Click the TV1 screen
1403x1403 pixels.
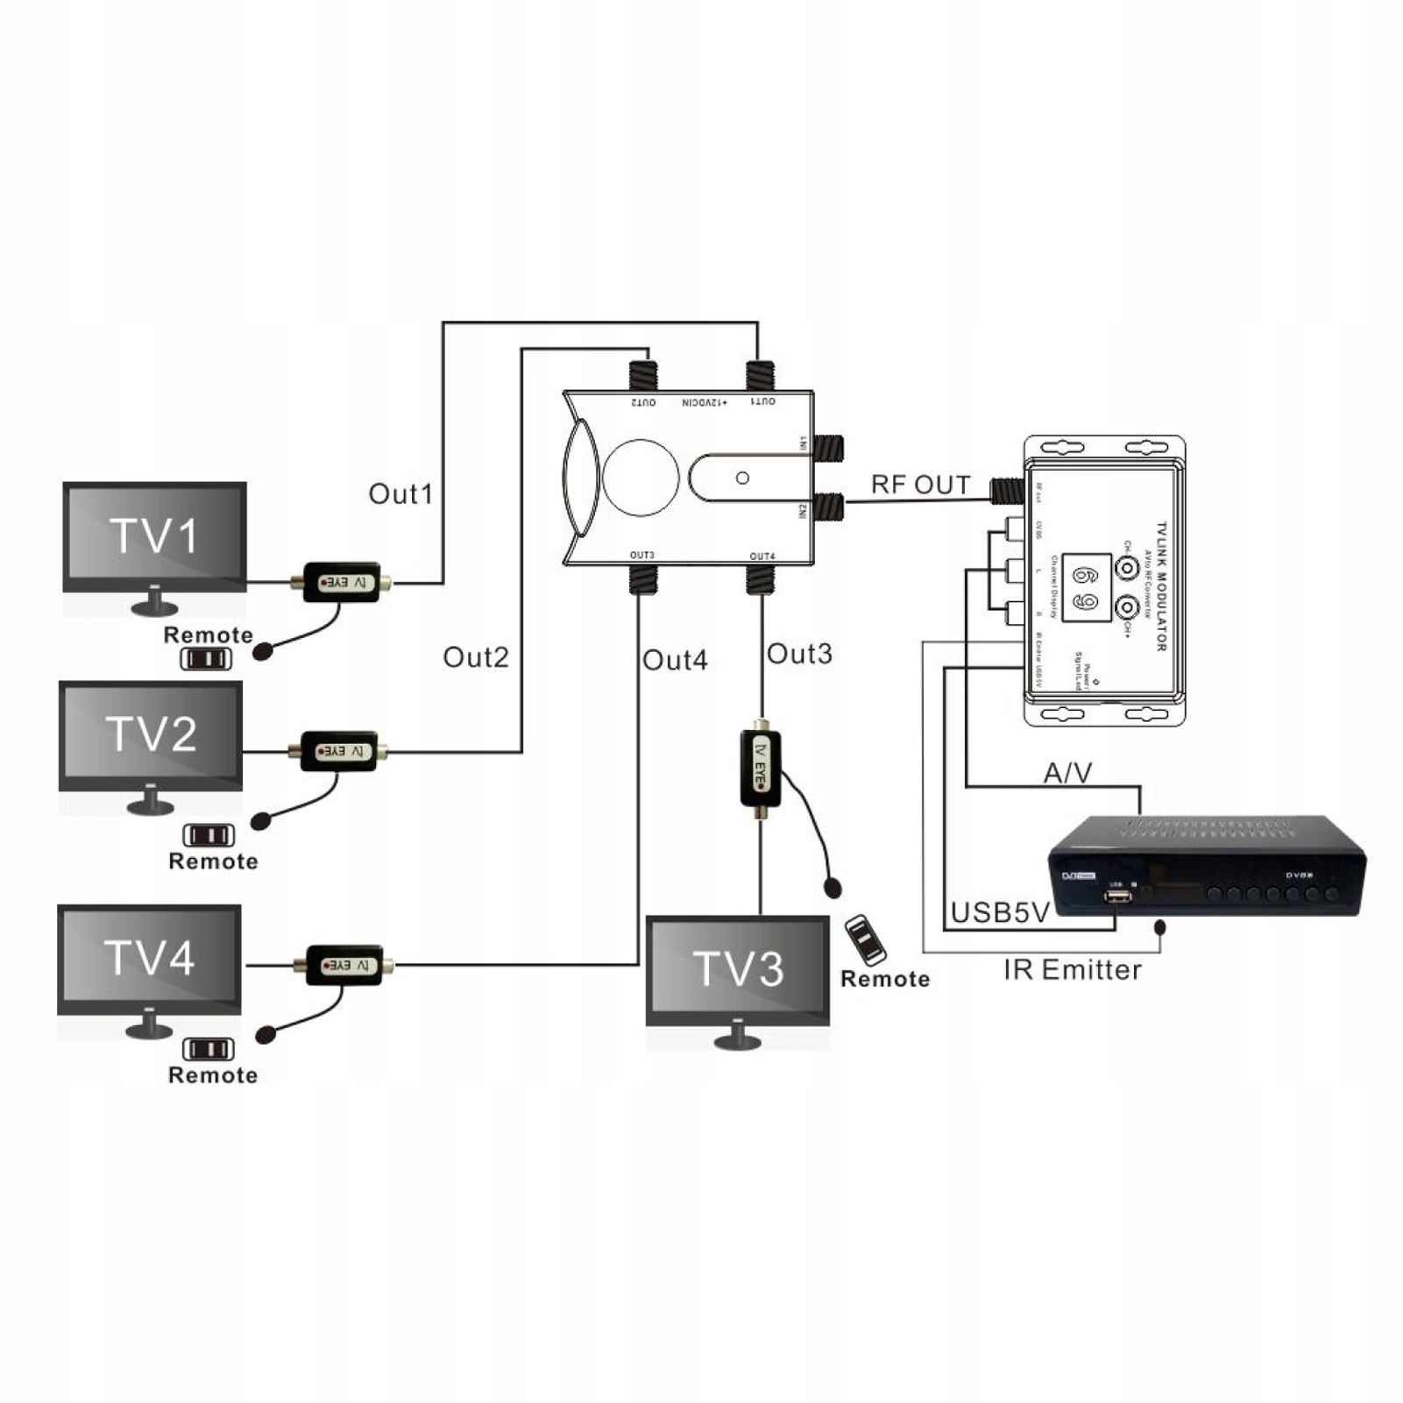point(154,535)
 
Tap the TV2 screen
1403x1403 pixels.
point(151,734)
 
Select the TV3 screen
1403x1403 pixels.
point(737,968)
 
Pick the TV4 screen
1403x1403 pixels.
point(149,958)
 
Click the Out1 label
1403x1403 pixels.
point(400,494)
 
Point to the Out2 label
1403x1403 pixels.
point(475,657)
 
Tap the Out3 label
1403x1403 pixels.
point(799,654)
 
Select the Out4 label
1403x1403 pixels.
point(674,660)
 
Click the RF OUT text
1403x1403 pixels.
point(920,485)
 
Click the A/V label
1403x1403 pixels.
point(1067,773)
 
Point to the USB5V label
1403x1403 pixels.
point(1000,912)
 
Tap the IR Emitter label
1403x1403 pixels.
point(1072,970)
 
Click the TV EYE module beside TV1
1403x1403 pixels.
point(342,582)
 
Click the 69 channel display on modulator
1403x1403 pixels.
point(1087,588)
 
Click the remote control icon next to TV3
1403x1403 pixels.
point(865,939)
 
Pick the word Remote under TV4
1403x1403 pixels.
point(213,1075)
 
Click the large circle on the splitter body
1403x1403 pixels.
point(641,478)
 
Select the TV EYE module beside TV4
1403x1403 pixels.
point(344,965)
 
